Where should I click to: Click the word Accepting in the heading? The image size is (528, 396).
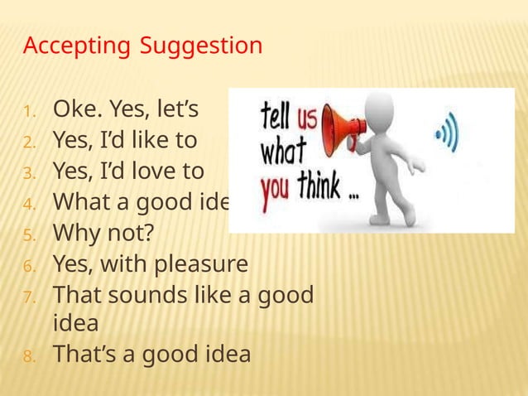pos(75,46)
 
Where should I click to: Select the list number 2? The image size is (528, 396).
pos(27,142)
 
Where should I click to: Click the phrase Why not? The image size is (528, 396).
pos(102,234)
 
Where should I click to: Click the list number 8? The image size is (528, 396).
pos(27,356)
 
